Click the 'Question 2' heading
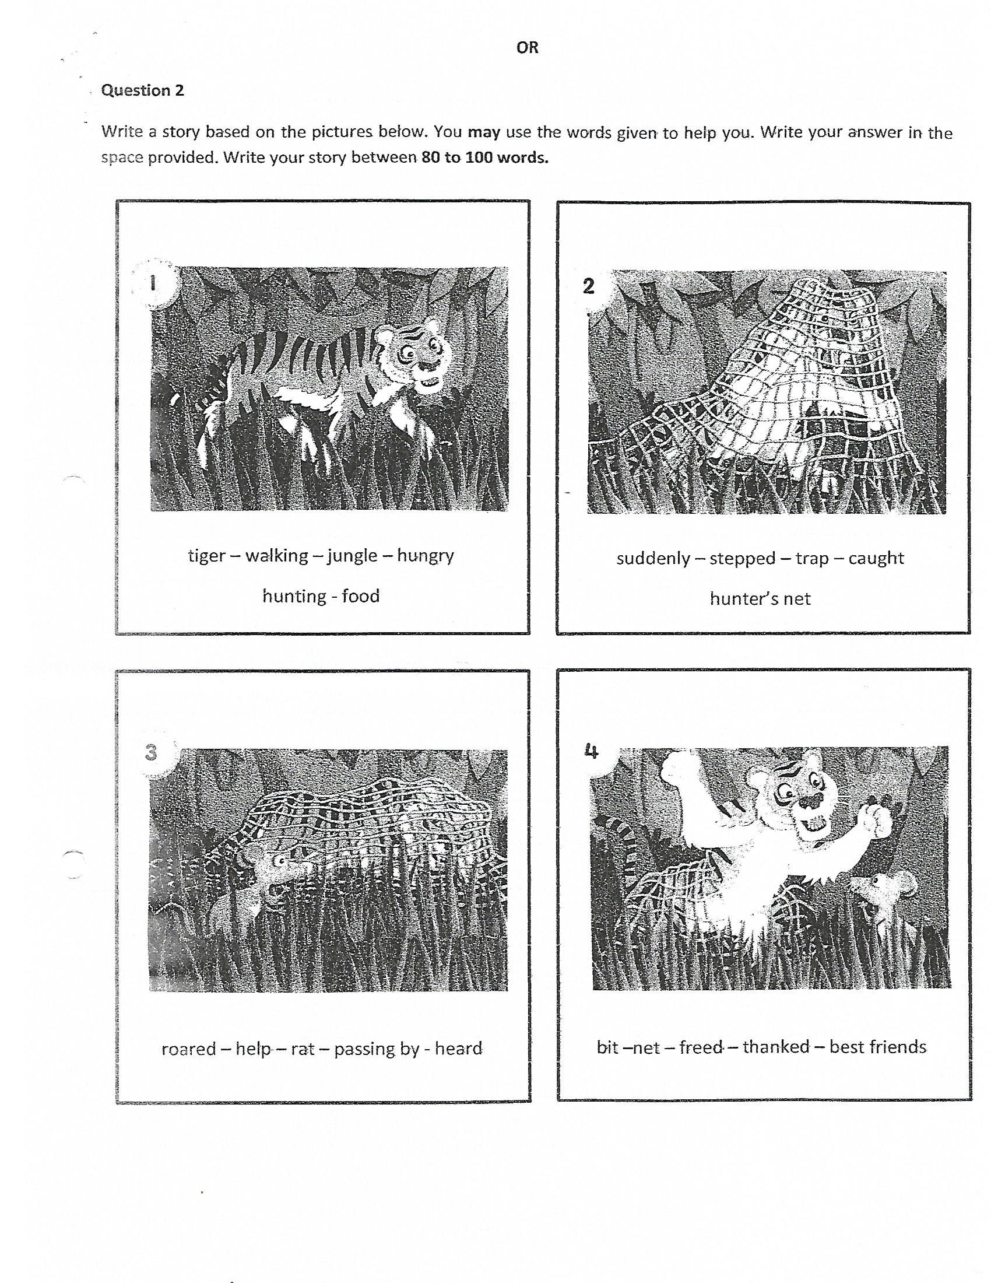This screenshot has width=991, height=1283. pyautogui.click(x=143, y=90)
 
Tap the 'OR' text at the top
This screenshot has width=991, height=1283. pyautogui.click(x=527, y=48)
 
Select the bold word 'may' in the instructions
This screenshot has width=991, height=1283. pyautogui.click(x=484, y=132)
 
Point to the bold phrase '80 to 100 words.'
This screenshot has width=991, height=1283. pyautogui.click(x=485, y=158)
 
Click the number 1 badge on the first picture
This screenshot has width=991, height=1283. pyautogui.click(x=153, y=283)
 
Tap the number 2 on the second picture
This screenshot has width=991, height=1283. pyautogui.click(x=588, y=286)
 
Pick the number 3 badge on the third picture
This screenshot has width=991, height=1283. pyautogui.click(x=152, y=752)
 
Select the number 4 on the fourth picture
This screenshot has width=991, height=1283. pyautogui.click(x=591, y=751)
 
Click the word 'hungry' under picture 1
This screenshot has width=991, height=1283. pyautogui.click(x=426, y=556)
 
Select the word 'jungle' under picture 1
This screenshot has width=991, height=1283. pyautogui.click(x=352, y=556)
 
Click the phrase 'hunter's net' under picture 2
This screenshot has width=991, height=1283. pyautogui.click(x=760, y=598)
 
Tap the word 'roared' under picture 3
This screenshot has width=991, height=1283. pyautogui.click(x=188, y=1049)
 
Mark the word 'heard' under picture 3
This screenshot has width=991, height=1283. pyautogui.click(x=459, y=1048)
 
